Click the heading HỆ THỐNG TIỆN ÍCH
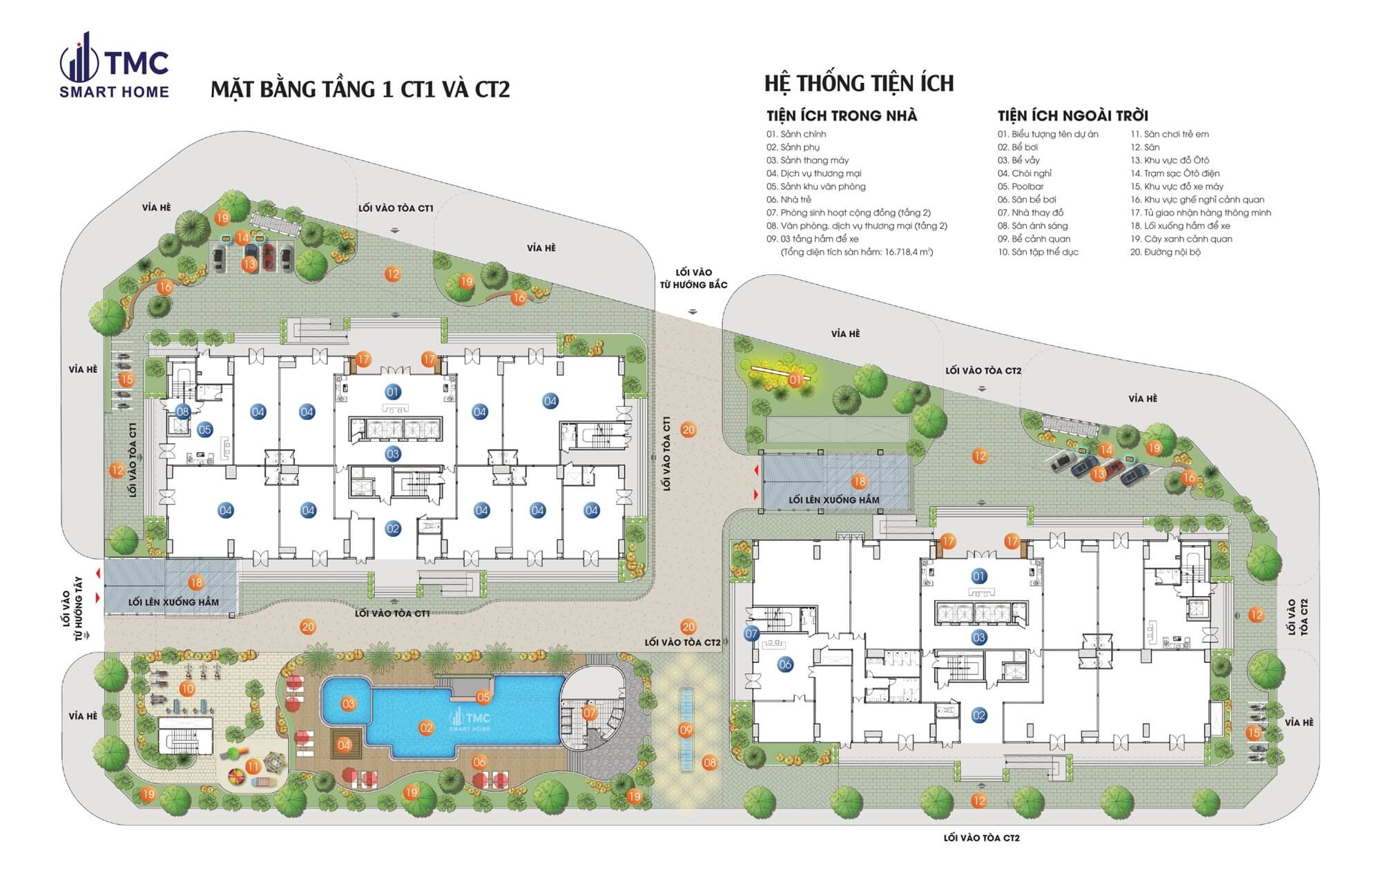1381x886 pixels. [858, 84]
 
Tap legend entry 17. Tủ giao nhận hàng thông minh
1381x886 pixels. [1200, 213]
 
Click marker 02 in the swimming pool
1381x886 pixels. [426, 727]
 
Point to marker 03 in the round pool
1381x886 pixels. [348, 704]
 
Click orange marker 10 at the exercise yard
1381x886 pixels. [187, 688]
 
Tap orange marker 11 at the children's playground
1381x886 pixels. [253, 767]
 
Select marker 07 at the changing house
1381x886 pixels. [589, 713]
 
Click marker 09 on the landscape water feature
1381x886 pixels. [686, 730]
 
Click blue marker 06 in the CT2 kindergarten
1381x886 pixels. [785, 664]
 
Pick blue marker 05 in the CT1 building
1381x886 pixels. [204, 430]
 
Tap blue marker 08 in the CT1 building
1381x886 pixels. [182, 412]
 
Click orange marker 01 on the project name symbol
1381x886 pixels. [795, 380]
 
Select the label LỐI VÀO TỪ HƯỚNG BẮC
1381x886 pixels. [693, 278]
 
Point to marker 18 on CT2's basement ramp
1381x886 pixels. [859, 481]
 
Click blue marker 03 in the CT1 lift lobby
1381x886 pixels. [393, 454]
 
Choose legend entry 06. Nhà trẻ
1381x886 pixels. [789, 200]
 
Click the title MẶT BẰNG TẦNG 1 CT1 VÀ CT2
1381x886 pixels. [360, 90]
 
